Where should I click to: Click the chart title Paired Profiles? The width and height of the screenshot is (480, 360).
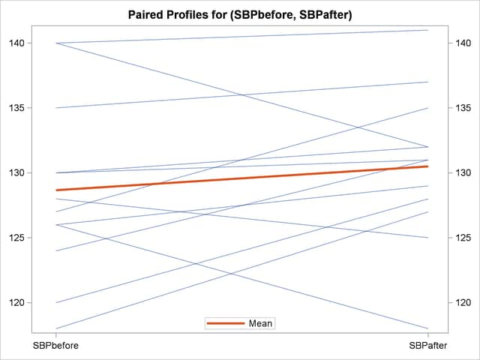pyautogui.click(x=240, y=15)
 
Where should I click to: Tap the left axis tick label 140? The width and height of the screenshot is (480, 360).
pyautogui.click(x=15, y=43)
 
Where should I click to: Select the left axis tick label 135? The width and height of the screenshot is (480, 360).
pyautogui.click(x=15, y=108)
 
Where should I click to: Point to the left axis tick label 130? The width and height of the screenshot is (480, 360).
pyautogui.click(x=15, y=172)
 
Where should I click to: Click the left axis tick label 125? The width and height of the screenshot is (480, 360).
pyautogui.click(x=15, y=238)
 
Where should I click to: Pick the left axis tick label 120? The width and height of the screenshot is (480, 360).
pyautogui.click(x=15, y=303)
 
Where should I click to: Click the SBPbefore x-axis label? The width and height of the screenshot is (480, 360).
pyautogui.click(x=55, y=346)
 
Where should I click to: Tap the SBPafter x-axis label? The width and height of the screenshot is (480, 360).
pyautogui.click(x=428, y=346)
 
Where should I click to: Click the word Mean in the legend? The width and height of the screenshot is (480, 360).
pyautogui.click(x=262, y=323)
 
